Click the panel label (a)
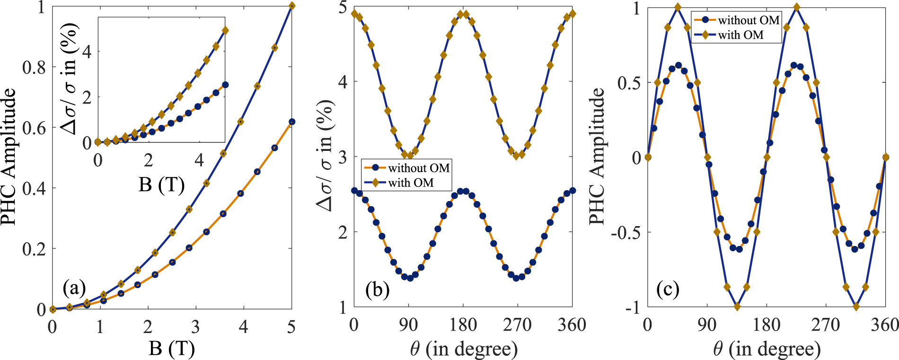[74, 288]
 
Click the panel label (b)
[377, 290]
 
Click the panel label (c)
[668, 289]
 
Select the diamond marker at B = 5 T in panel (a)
[292, 6]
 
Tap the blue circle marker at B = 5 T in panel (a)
[292, 122]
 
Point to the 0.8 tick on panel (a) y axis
[34, 67]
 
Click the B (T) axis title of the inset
[161, 184]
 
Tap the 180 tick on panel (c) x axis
[767, 325]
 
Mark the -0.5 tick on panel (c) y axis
[627, 233]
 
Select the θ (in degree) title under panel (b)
[464, 349]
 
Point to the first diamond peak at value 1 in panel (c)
[678, 7]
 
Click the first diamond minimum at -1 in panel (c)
[737, 307]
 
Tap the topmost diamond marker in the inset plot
[225, 30]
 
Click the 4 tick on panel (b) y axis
[343, 82]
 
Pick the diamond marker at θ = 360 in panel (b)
[573, 14]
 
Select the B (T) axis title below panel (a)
[172, 349]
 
